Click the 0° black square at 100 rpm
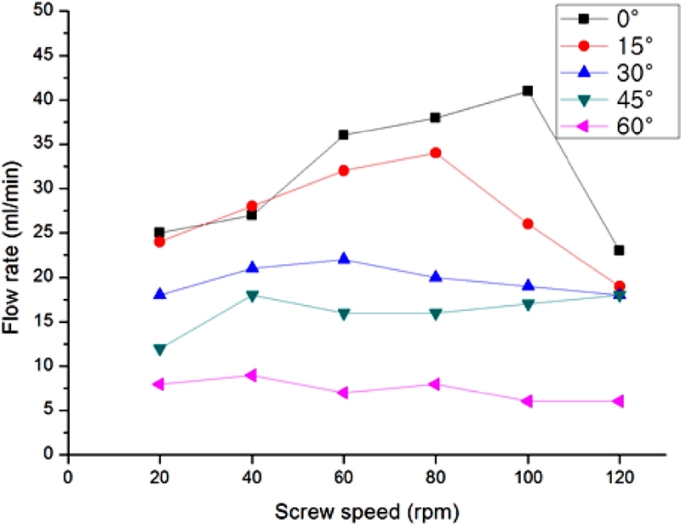[x=528, y=90]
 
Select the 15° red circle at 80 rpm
[x=436, y=153]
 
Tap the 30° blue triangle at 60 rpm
[x=344, y=259]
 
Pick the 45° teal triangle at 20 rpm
[x=159, y=348]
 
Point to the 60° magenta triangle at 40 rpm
[x=251, y=375]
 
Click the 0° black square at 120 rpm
[x=620, y=250]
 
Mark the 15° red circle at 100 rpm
[x=528, y=224]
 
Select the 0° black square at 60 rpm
[x=344, y=135]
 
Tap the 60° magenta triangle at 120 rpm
[x=620, y=401]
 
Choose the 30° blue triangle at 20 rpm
[x=159, y=295]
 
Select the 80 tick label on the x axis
[x=436, y=473]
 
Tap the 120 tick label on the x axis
[x=620, y=473]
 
